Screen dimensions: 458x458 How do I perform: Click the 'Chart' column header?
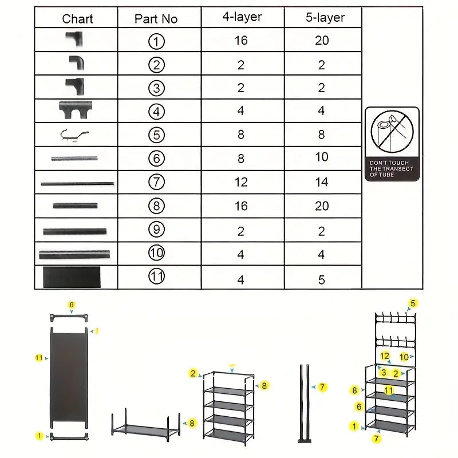point(77,19)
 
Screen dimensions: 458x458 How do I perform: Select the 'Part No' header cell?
point(156,19)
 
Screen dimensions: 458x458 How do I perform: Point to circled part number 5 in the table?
point(156,135)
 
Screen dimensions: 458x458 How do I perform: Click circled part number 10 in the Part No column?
point(156,253)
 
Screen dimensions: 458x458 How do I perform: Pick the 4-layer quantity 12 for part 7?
point(241,182)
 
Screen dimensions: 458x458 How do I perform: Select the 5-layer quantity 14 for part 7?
point(322,182)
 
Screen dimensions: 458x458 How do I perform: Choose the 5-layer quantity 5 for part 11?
point(322,280)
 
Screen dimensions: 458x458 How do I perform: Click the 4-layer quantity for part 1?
point(241,41)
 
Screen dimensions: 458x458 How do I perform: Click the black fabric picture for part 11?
point(72,277)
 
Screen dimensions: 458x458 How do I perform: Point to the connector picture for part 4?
point(76,109)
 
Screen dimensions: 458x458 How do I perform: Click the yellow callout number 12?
point(385,356)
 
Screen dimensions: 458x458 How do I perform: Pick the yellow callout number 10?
point(404,357)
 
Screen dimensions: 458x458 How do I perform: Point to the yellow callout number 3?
point(384,373)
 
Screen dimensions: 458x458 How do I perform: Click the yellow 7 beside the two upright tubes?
point(323,388)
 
